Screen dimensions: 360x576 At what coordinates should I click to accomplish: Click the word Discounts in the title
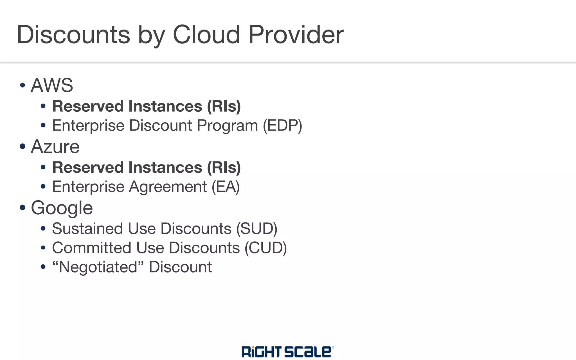[x=73, y=35]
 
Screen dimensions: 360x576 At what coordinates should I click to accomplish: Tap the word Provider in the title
[x=296, y=35]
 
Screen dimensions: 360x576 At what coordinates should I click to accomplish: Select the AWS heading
[x=52, y=85]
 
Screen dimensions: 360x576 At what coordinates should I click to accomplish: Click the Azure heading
[x=55, y=147]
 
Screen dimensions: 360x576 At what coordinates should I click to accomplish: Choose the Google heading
[x=62, y=208]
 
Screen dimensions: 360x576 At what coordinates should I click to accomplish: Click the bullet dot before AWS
[x=23, y=85]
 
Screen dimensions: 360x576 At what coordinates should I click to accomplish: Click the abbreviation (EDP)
[x=282, y=125]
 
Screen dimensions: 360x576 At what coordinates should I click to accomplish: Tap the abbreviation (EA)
[x=226, y=187]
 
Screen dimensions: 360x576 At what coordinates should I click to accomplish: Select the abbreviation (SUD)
[x=257, y=228]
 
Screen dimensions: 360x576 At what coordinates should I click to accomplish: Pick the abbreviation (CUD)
[x=265, y=248]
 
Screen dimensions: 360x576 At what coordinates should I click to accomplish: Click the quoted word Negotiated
[x=98, y=267]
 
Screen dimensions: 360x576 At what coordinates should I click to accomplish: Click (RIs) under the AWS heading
[x=224, y=106]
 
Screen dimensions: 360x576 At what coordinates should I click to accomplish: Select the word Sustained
[x=87, y=228]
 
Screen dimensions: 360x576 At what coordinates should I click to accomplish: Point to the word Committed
[x=92, y=248]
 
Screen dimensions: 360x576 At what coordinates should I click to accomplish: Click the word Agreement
[x=168, y=187]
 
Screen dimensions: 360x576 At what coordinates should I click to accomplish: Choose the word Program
[x=227, y=125]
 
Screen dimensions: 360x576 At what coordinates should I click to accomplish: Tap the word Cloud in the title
[x=206, y=35]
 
